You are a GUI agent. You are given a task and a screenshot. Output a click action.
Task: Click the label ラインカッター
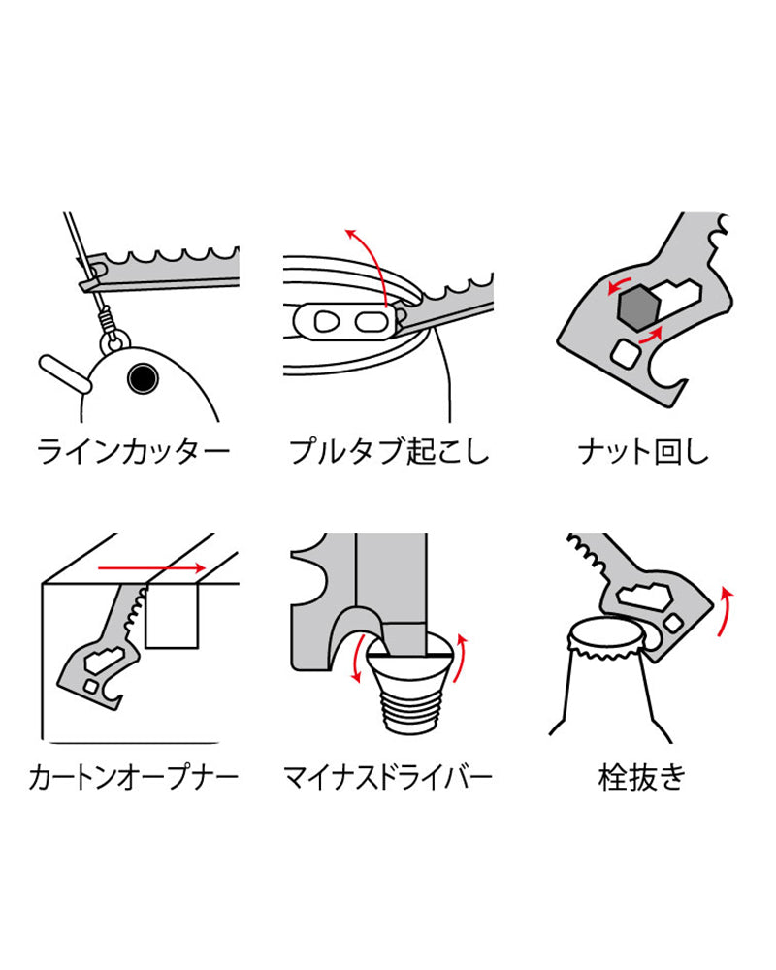[133, 452]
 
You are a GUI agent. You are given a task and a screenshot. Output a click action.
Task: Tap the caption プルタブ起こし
[389, 451]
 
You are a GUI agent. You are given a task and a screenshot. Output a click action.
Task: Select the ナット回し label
[643, 452]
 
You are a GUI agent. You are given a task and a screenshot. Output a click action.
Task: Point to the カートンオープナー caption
[133, 778]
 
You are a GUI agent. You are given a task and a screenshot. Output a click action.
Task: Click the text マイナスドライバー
[388, 778]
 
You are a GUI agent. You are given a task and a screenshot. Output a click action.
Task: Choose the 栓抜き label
[642, 778]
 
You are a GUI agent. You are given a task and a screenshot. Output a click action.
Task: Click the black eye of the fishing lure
[143, 378]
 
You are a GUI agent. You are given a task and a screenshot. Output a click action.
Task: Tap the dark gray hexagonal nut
[636, 307]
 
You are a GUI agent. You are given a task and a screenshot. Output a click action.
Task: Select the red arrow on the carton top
[151, 567]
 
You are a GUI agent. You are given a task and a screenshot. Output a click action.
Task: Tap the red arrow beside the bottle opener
[726, 611]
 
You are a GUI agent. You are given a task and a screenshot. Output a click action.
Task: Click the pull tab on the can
[343, 321]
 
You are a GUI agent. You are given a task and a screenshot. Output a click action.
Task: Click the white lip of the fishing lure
[65, 373]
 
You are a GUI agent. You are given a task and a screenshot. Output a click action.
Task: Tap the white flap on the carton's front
[172, 616]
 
